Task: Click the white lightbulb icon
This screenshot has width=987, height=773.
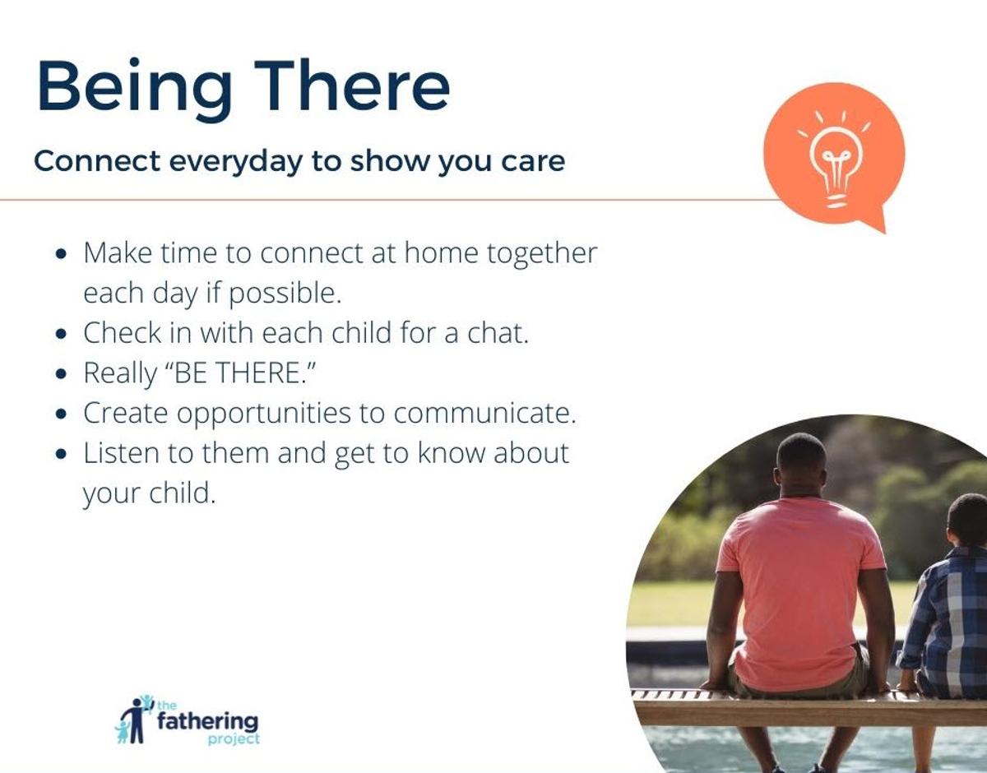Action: point(835,159)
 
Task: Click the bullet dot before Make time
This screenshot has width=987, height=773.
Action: point(61,254)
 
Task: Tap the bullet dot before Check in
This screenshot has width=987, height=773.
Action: point(61,334)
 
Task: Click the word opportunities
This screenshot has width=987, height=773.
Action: point(263,414)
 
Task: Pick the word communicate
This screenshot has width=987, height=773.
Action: point(484,413)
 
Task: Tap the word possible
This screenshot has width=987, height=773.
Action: point(285,294)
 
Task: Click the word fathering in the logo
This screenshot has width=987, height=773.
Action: point(207,721)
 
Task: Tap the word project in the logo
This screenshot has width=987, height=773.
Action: point(234,739)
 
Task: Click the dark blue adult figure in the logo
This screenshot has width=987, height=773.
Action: point(137,721)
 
